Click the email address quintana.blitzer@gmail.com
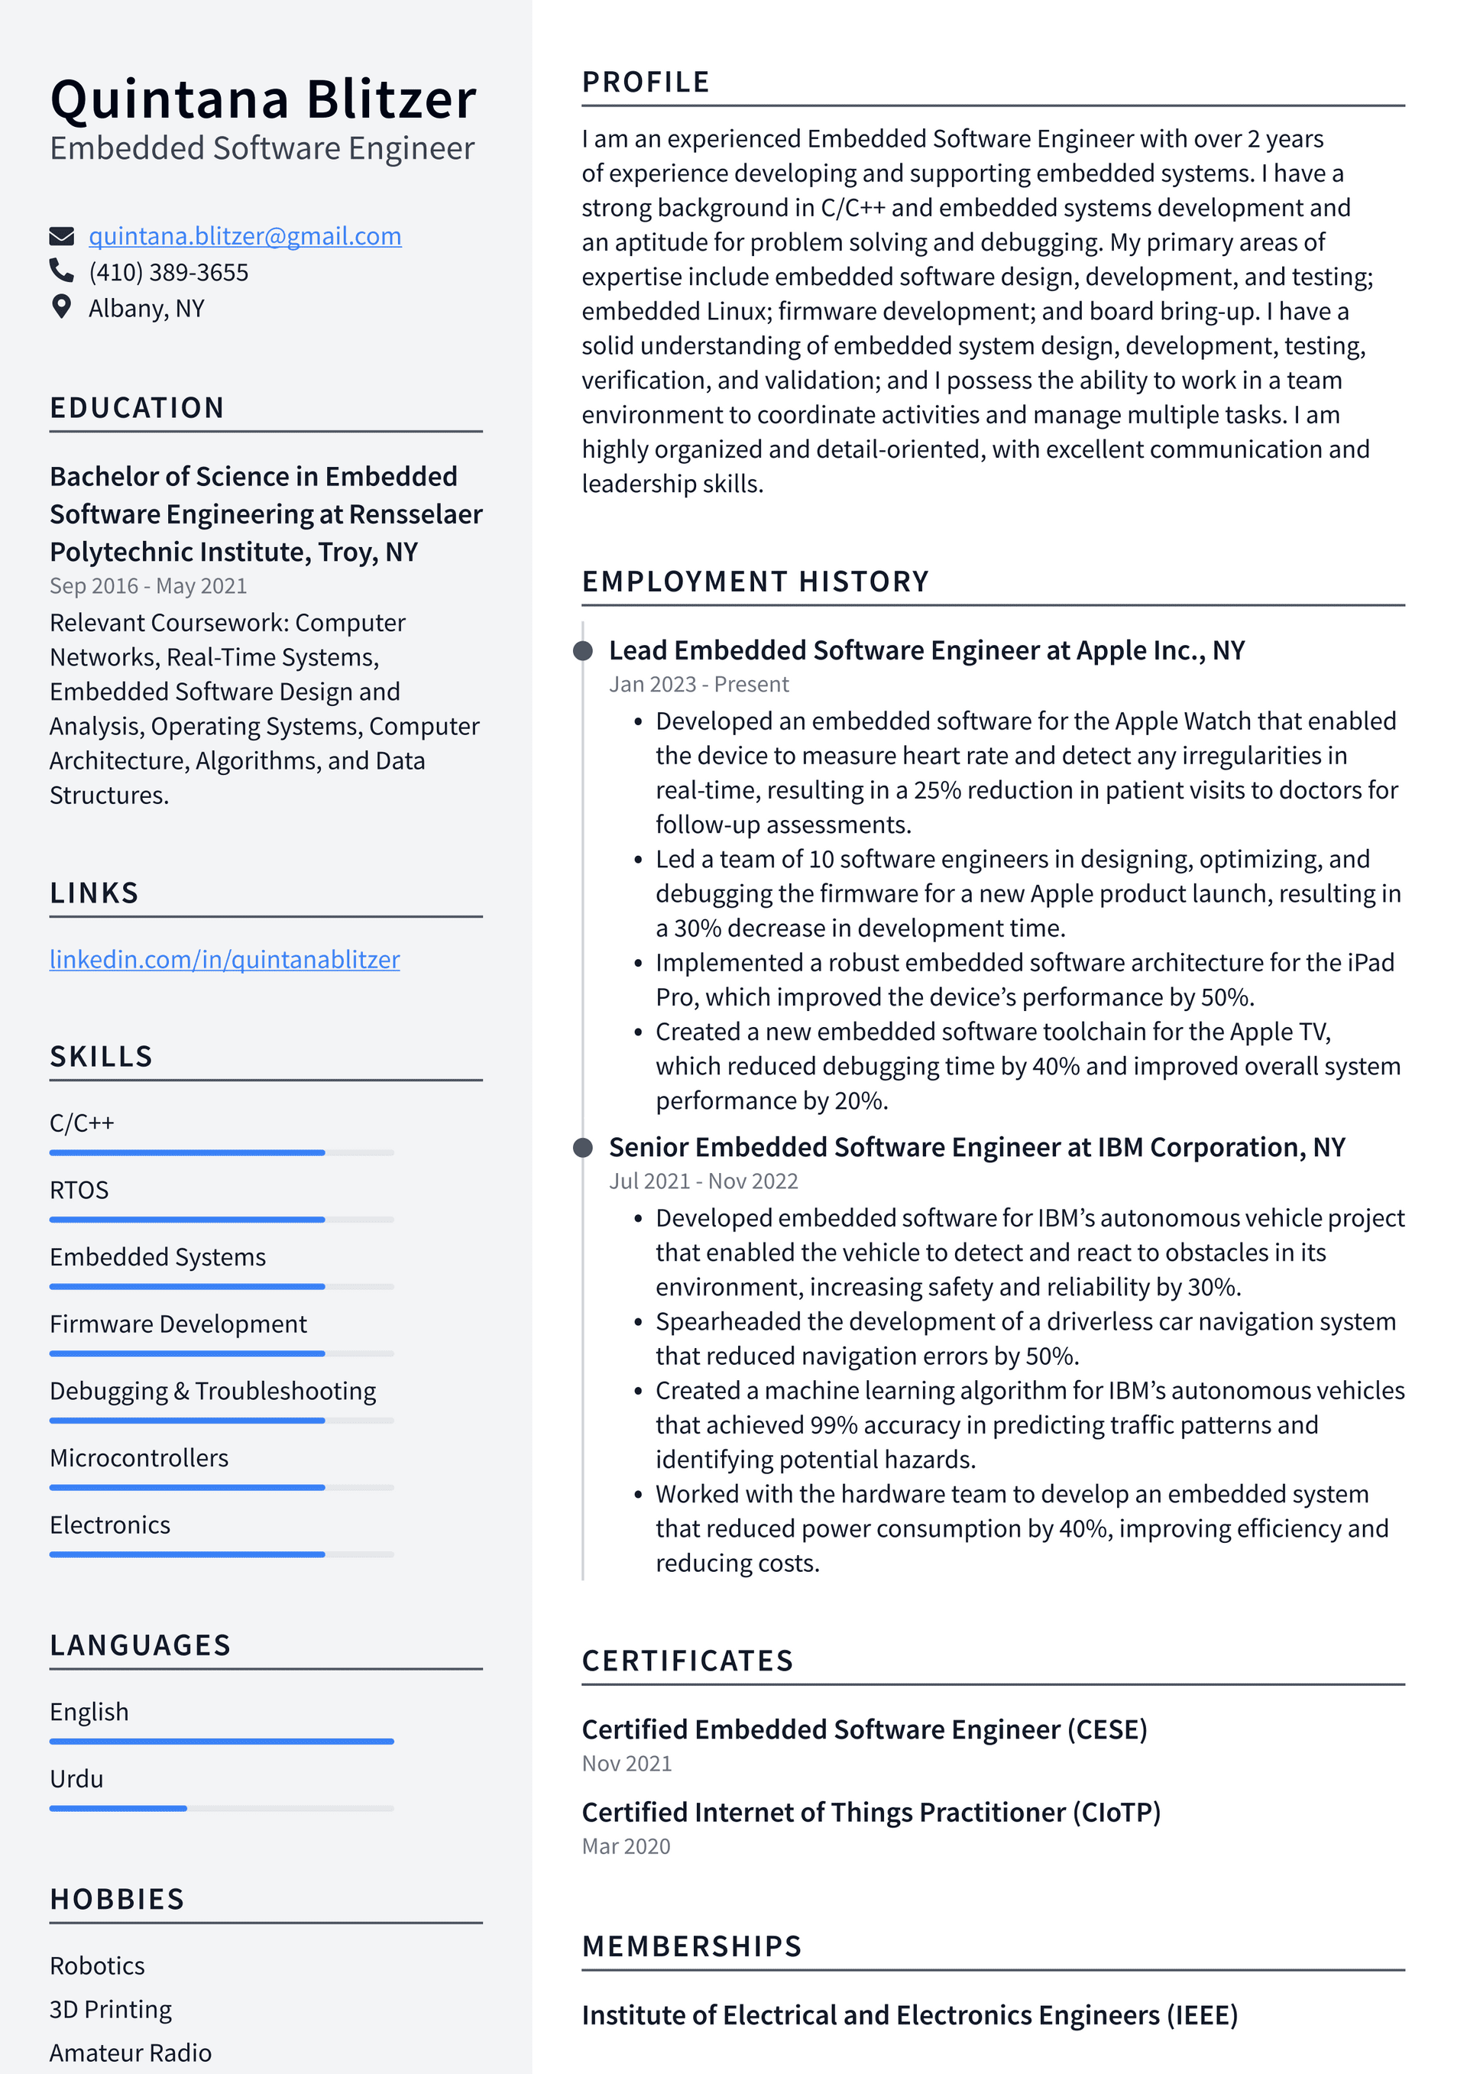[244, 236]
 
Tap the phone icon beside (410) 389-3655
[61, 271]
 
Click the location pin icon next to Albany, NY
[61, 307]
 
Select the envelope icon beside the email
[61, 237]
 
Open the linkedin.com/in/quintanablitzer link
[224, 959]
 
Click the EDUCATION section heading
[137, 407]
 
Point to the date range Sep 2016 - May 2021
[148, 586]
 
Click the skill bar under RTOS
[222, 1220]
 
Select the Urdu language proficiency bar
[222, 1808]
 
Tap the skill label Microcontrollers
[139, 1458]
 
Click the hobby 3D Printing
[110, 2009]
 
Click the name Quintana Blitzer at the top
[263, 99]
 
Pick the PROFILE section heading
[646, 83]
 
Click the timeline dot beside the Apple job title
[584, 650]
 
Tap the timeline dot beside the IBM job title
[584, 1147]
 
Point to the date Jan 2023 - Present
[698, 685]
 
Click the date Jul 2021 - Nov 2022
[703, 1181]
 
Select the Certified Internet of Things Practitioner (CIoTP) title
[871, 1812]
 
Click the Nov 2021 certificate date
[627, 1763]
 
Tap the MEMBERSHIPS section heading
[692, 1946]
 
